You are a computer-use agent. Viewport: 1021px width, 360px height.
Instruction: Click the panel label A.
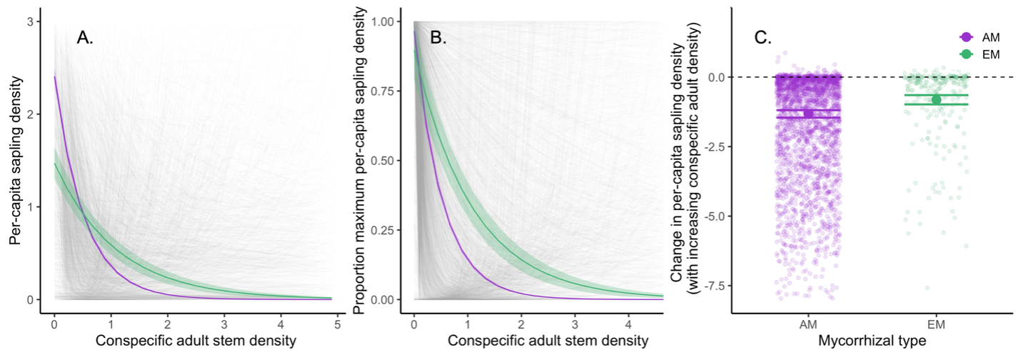pyautogui.click(x=85, y=39)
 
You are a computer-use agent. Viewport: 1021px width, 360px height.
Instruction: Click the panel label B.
pyautogui.click(x=438, y=39)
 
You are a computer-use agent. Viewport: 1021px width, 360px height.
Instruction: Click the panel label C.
pyautogui.click(x=763, y=39)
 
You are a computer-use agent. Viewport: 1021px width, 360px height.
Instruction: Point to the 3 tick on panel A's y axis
pyautogui.click(x=31, y=22)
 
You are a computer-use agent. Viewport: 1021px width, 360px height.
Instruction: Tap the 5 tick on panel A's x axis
pyautogui.click(x=337, y=324)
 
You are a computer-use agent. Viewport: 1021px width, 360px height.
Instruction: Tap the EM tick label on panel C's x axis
pyautogui.click(x=936, y=324)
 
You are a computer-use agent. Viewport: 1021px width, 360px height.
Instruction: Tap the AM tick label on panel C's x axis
pyautogui.click(x=809, y=324)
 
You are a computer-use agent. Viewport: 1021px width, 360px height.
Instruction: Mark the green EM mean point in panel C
pyautogui.click(x=936, y=99)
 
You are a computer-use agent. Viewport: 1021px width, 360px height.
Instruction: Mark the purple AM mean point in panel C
pyautogui.click(x=809, y=113)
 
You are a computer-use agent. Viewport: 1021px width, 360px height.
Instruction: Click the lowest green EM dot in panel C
pyautogui.click(x=928, y=288)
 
